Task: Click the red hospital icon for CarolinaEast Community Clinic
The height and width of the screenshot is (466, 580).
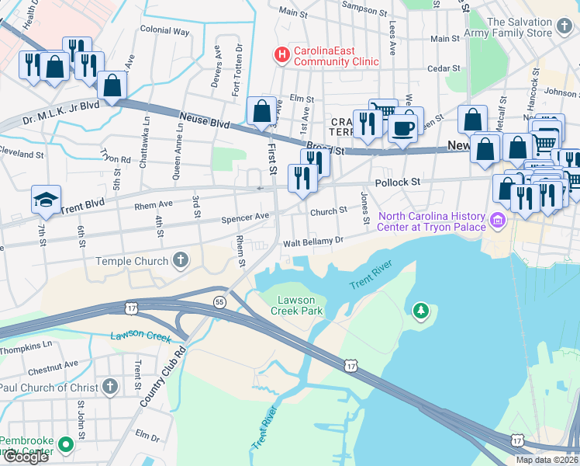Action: point(281,55)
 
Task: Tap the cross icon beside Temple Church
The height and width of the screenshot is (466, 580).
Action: point(181,261)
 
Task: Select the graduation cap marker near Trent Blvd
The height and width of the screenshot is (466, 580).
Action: point(46,200)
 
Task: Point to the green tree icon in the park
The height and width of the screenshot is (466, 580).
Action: point(420,311)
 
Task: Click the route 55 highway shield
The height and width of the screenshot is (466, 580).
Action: point(220,301)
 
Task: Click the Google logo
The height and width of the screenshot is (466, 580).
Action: point(26,457)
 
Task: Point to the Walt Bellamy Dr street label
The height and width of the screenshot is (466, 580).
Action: point(312,241)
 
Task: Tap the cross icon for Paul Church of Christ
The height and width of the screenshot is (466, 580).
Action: point(111,387)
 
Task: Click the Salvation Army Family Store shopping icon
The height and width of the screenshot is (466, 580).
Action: point(564,28)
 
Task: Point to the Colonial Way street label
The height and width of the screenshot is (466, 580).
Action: point(164,31)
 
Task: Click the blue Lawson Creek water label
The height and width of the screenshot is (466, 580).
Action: point(140,336)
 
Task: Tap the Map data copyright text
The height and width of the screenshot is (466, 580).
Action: point(546,460)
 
